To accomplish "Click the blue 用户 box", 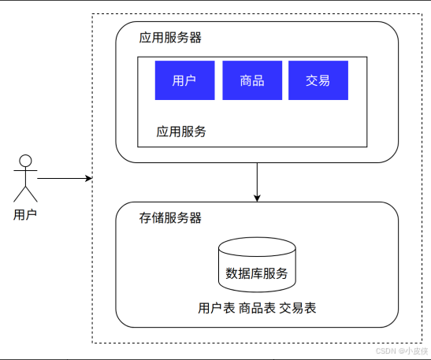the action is tap(184, 80).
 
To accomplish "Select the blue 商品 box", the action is tap(252, 80).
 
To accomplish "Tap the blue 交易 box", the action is tap(318, 80).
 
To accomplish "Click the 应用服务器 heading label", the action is tap(170, 38).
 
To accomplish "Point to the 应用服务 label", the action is tap(181, 132).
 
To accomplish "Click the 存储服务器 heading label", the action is tap(170, 218).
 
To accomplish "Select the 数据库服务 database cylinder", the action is tap(257, 265).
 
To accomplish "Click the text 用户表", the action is tap(217, 308).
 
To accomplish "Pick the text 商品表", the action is tap(257, 308).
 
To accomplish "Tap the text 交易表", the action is tap(298, 308).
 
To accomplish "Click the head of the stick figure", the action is tap(25, 161).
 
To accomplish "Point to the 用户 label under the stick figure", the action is tap(25, 214).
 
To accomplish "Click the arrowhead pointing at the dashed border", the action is tap(89, 178).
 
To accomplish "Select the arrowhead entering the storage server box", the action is tap(257, 199).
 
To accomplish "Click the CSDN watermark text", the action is tap(402, 351).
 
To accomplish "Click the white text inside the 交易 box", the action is tap(318, 80).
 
